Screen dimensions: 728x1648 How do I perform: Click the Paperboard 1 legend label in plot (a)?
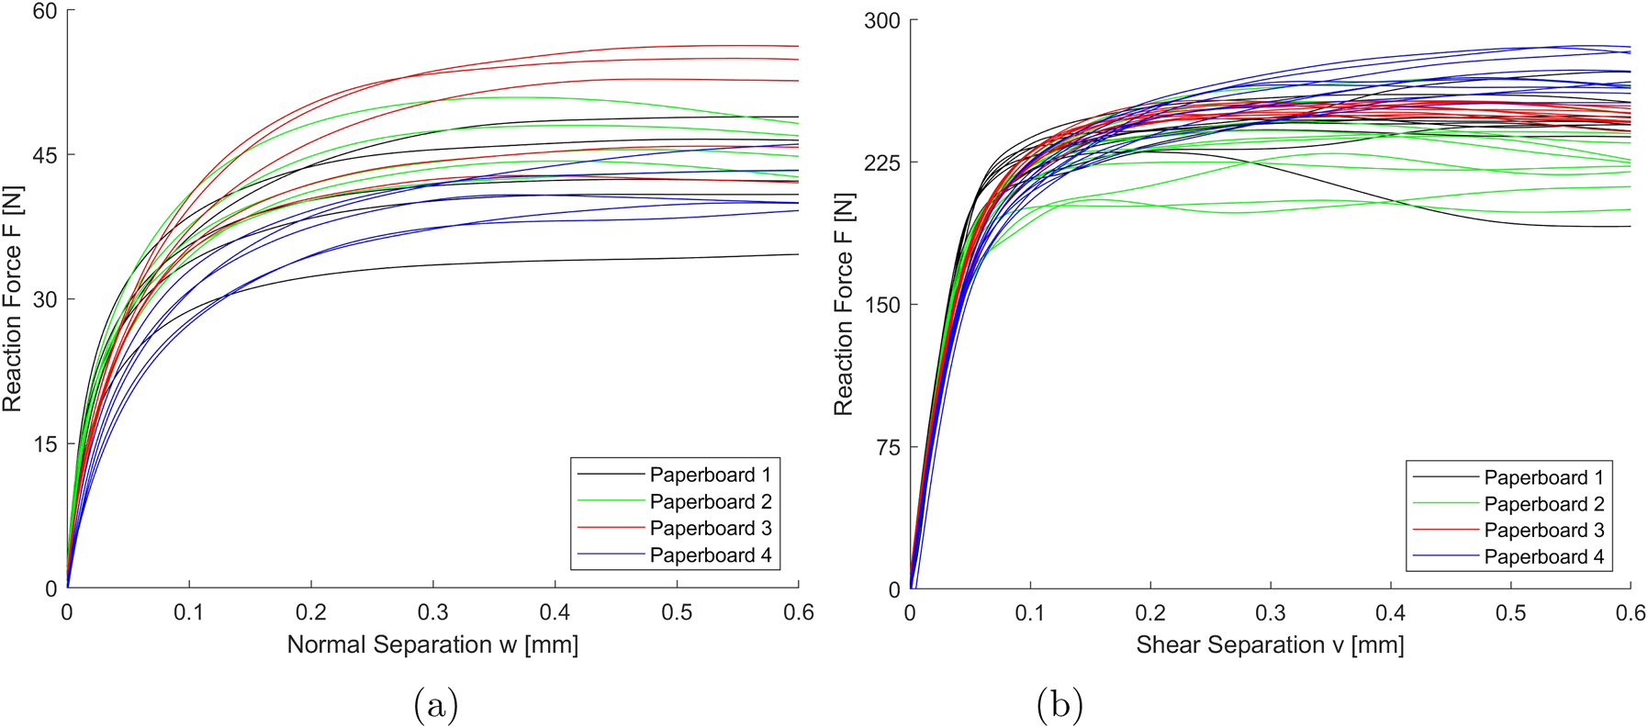pyautogui.click(x=710, y=475)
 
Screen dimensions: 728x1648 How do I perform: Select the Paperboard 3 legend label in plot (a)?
pyautogui.click(x=710, y=529)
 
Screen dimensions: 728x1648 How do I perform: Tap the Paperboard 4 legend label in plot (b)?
pyautogui.click(x=1543, y=557)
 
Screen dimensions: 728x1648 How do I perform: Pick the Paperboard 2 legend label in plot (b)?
pyautogui.click(x=1543, y=504)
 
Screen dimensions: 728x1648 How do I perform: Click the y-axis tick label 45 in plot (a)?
pyautogui.click(x=44, y=155)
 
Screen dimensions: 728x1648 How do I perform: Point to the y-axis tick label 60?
pyautogui.click(x=44, y=12)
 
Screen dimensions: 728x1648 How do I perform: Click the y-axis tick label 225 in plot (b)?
pyautogui.click(x=881, y=162)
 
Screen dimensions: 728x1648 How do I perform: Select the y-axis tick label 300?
pyautogui.click(x=881, y=21)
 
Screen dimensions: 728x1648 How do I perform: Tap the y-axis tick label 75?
pyautogui.click(x=887, y=447)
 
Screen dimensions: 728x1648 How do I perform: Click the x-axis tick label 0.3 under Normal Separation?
pyautogui.click(x=432, y=612)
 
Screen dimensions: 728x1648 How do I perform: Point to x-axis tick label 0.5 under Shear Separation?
pyautogui.click(x=1510, y=613)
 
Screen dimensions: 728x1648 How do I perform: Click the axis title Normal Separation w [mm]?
pyautogui.click(x=432, y=644)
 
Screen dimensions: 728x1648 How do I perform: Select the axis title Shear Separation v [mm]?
pyautogui.click(x=1270, y=644)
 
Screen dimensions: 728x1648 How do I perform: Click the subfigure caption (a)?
pyautogui.click(x=436, y=705)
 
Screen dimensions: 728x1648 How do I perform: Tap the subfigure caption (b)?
pyautogui.click(x=1059, y=705)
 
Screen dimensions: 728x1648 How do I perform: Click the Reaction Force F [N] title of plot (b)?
pyautogui.click(x=843, y=304)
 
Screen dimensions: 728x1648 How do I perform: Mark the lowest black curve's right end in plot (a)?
pyautogui.click(x=797, y=254)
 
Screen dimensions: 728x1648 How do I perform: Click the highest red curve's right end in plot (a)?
pyautogui.click(x=797, y=46)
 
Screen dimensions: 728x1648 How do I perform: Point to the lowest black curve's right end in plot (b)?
pyautogui.click(x=1629, y=227)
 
